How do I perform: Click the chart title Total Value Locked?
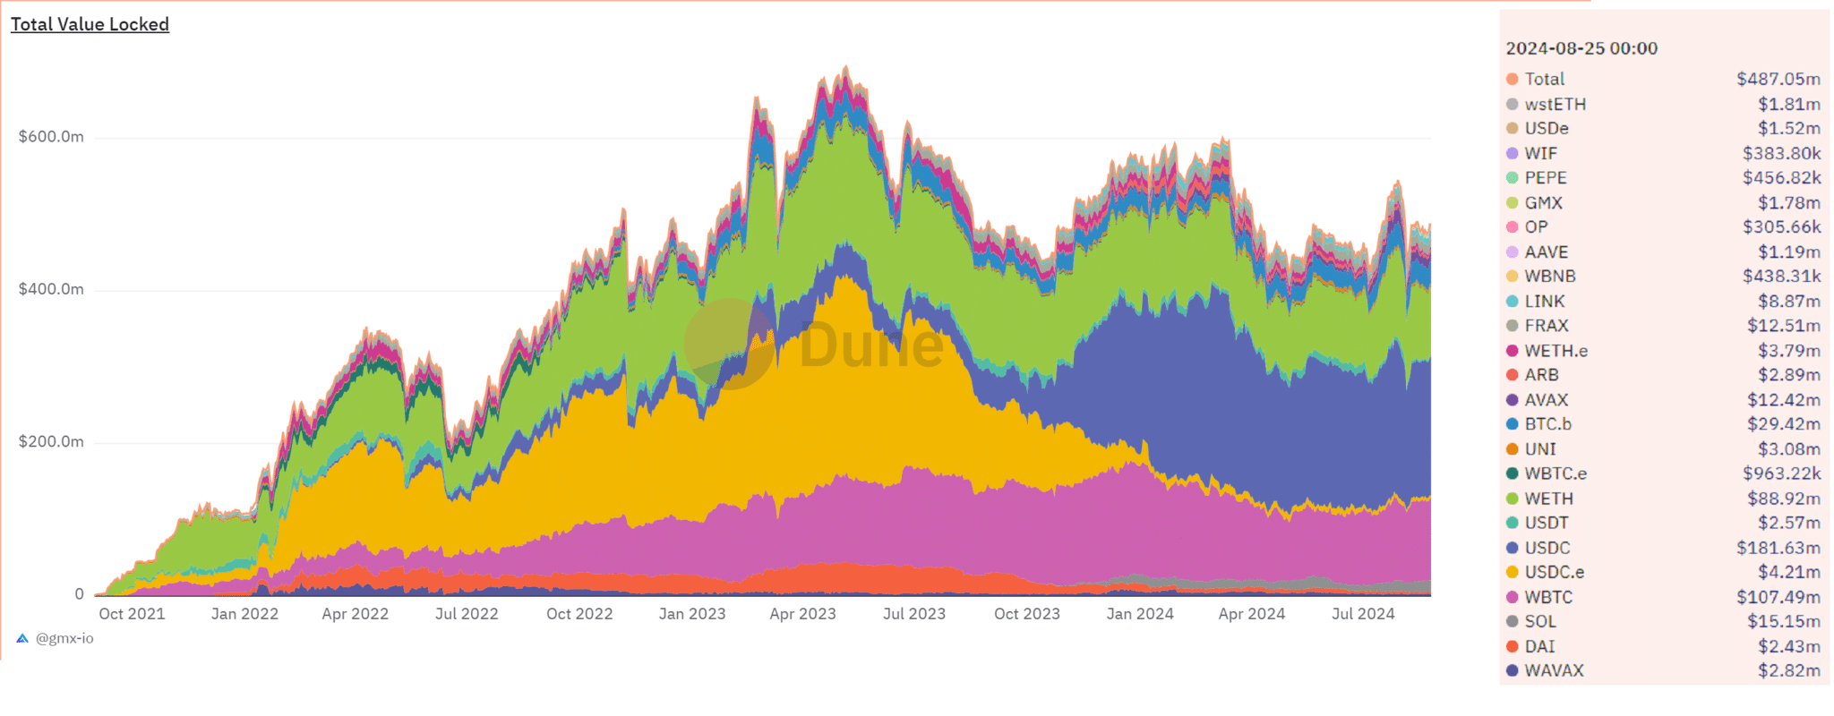click(x=90, y=24)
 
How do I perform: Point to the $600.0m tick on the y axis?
click(x=51, y=137)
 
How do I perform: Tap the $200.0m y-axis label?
click(x=51, y=441)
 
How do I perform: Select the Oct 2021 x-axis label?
click(x=132, y=614)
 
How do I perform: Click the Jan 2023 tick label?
click(x=692, y=614)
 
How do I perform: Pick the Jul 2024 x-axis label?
click(x=1363, y=614)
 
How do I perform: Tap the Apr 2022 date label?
click(x=356, y=614)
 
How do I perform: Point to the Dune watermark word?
click(x=870, y=345)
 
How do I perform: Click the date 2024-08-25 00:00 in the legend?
click(x=1581, y=48)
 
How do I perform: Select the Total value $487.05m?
click(x=1778, y=80)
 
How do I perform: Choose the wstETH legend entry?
click(x=1555, y=105)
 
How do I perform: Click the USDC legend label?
click(x=1547, y=548)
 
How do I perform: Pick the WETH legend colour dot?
click(x=1513, y=499)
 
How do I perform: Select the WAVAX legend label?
click(x=1555, y=670)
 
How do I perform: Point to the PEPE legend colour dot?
click(x=1513, y=178)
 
